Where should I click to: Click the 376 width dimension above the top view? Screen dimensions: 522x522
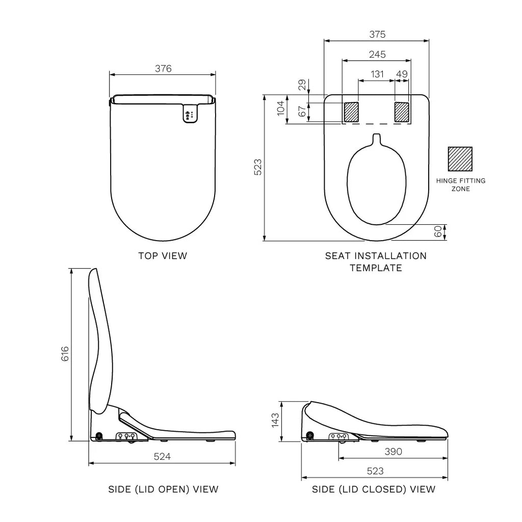[x=163, y=69]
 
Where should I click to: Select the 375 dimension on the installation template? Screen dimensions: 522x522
[x=377, y=35]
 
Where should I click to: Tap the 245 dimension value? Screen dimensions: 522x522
[x=377, y=54]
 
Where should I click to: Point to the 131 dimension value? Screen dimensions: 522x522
[x=377, y=74]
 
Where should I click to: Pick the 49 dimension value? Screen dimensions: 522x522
[x=402, y=74]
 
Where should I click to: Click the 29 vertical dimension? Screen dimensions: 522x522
[x=302, y=85]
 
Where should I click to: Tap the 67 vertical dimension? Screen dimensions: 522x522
[x=302, y=112]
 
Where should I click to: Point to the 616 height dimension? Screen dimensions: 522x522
[x=64, y=354]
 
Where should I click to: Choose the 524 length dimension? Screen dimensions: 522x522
[x=162, y=457]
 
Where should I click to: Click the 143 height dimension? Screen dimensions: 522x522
[x=275, y=421]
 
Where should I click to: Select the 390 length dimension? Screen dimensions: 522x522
[x=394, y=452]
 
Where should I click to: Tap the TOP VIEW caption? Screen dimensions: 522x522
[x=163, y=256]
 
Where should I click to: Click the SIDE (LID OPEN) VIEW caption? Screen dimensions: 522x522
[x=163, y=489]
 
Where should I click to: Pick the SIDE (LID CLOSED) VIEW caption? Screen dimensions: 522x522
[x=374, y=489]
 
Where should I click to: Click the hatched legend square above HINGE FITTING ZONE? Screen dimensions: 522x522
[x=460, y=159]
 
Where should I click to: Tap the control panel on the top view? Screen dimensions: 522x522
[x=189, y=114]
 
